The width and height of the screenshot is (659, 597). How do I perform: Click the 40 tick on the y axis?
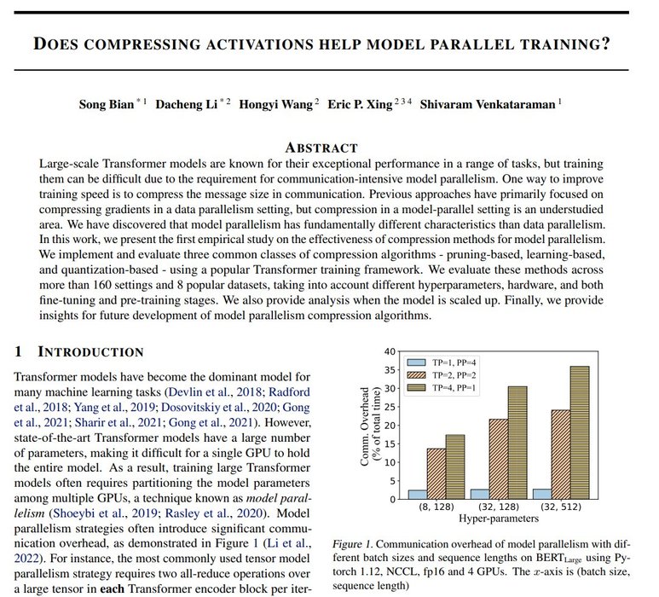point(390,351)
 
